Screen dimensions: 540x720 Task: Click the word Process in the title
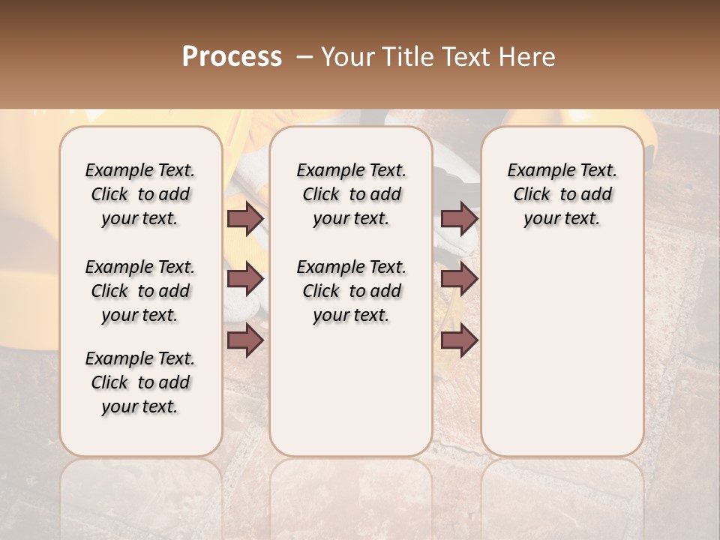232,56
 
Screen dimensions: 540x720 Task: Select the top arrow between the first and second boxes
244,218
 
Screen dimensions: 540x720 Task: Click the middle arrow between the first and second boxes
244,279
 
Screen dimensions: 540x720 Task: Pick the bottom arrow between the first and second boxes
244,340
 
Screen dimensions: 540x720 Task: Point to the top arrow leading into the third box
459,218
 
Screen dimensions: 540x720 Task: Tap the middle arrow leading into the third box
459,279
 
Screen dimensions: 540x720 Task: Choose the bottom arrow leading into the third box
459,340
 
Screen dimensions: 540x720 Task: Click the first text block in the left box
140,194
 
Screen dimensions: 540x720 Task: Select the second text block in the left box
140,291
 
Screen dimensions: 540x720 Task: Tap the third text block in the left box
140,382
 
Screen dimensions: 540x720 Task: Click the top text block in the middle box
352,194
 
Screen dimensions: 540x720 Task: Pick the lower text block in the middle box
352,291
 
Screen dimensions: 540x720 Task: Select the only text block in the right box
562,194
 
